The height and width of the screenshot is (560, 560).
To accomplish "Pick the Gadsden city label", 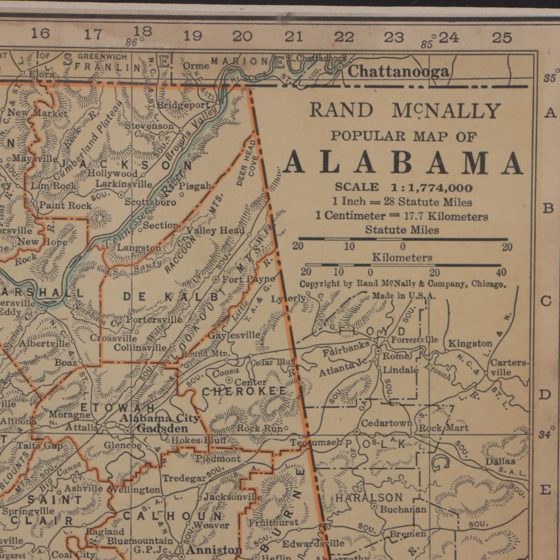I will coord(162,428).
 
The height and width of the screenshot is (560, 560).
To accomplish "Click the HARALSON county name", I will coord(369,498).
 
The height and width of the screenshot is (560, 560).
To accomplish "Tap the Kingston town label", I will coord(470,344).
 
